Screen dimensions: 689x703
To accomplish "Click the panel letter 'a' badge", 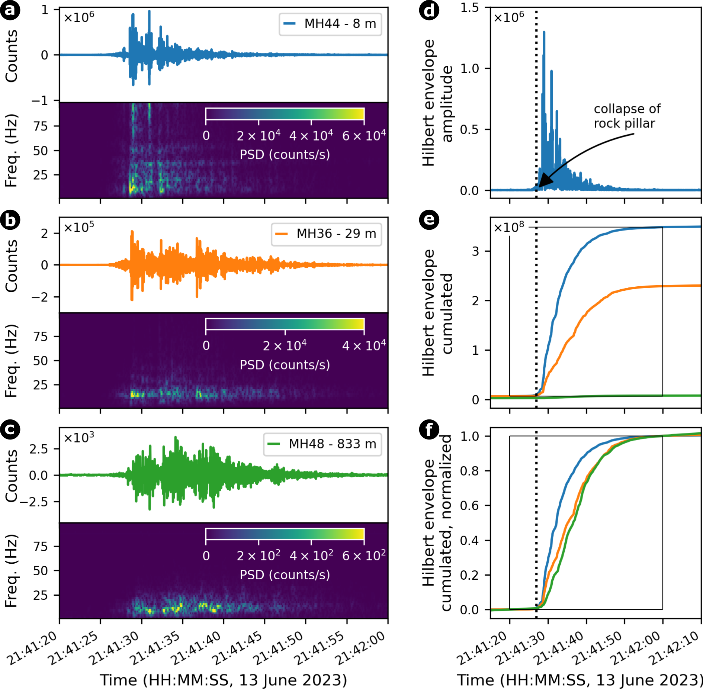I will click(x=10, y=10).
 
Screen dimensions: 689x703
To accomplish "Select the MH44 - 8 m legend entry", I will click(x=330, y=24).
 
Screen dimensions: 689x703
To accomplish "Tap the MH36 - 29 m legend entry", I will click(x=326, y=234).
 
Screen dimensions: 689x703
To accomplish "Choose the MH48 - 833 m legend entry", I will click(x=322, y=444).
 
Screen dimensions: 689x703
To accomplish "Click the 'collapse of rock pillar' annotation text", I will click(x=627, y=116).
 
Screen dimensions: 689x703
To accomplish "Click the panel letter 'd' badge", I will click(x=429, y=10).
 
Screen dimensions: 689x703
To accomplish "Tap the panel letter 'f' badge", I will click(x=429, y=430).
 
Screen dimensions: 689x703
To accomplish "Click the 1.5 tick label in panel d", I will click(x=469, y=8).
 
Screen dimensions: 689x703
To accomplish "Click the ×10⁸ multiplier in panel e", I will click(x=509, y=227).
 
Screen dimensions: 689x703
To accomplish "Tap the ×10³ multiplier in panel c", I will click(x=79, y=438).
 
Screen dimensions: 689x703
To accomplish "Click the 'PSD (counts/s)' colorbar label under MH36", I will click(x=285, y=365).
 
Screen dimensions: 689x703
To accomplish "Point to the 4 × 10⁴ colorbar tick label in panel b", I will click(x=364, y=346).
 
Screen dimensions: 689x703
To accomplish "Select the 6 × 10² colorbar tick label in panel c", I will click(x=364, y=556).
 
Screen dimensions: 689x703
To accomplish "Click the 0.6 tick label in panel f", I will click(x=469, y=506).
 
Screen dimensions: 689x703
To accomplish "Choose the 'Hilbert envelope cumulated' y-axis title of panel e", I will click(x=437, y=313).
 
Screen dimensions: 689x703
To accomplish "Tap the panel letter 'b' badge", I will click(x=10, y=220).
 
